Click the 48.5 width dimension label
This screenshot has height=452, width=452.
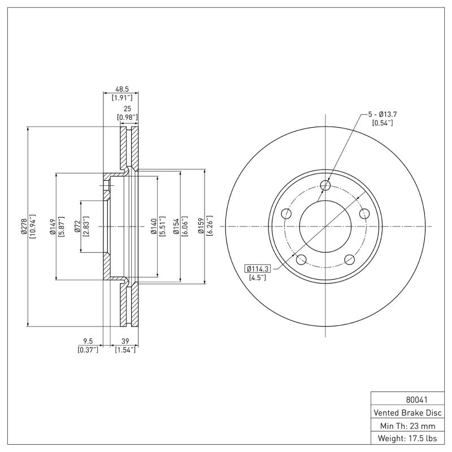(121, 89)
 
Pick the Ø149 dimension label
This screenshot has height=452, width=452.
(52, 226)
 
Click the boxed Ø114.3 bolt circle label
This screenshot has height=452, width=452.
(258, 268)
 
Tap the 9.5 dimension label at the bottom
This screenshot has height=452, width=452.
(88, 341)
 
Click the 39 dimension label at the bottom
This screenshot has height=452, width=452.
(125, 341)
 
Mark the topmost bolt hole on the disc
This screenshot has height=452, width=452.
(325, 185)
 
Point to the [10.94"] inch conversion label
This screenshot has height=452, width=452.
(32, 226)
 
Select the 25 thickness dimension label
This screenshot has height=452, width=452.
(128, 108)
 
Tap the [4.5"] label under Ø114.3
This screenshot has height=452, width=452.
(258, 277)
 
